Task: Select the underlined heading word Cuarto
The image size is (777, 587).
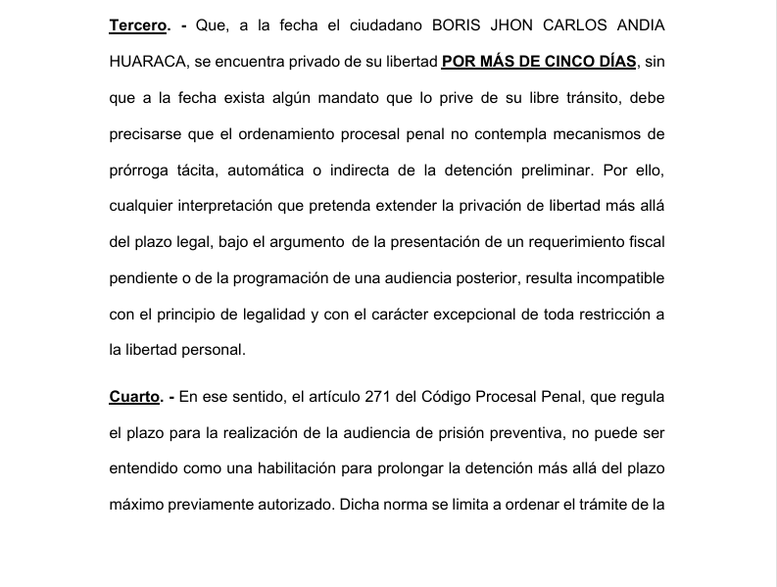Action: coord(133,396)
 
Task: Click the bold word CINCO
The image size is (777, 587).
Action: coord(559,62)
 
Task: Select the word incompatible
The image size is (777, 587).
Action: coord(613,277)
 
